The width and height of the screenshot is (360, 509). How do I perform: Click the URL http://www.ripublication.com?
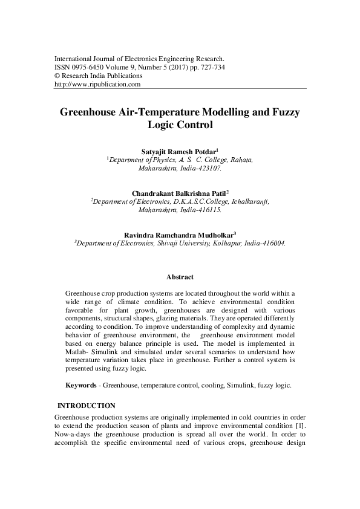(97, 85)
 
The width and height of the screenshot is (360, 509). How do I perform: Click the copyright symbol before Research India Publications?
(57, 77)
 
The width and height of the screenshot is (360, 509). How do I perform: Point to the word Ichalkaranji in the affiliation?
(247, 202)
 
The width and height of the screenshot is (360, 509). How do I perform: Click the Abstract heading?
(180, 277)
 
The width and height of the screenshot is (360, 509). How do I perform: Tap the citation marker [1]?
(300, 425)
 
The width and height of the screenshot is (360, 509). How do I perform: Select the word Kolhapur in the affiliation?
(228, 244)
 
